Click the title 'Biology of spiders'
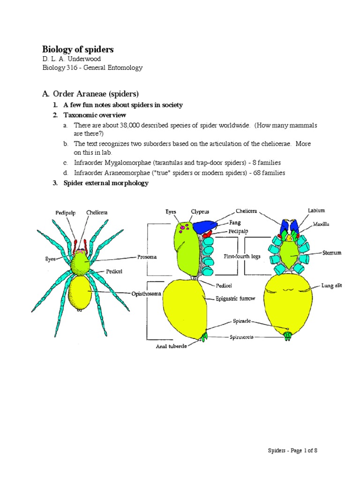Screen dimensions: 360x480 click(78, 49)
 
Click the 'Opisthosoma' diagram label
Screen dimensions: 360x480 click(146, 293)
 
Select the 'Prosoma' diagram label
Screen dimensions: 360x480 click(147, 257)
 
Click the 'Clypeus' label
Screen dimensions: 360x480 click(200, 212)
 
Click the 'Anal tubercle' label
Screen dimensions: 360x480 click(172, 347)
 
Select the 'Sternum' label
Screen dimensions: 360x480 click(332, 253)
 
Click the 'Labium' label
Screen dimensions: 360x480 click(316, 210)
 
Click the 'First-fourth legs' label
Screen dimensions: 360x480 click(242, 257)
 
